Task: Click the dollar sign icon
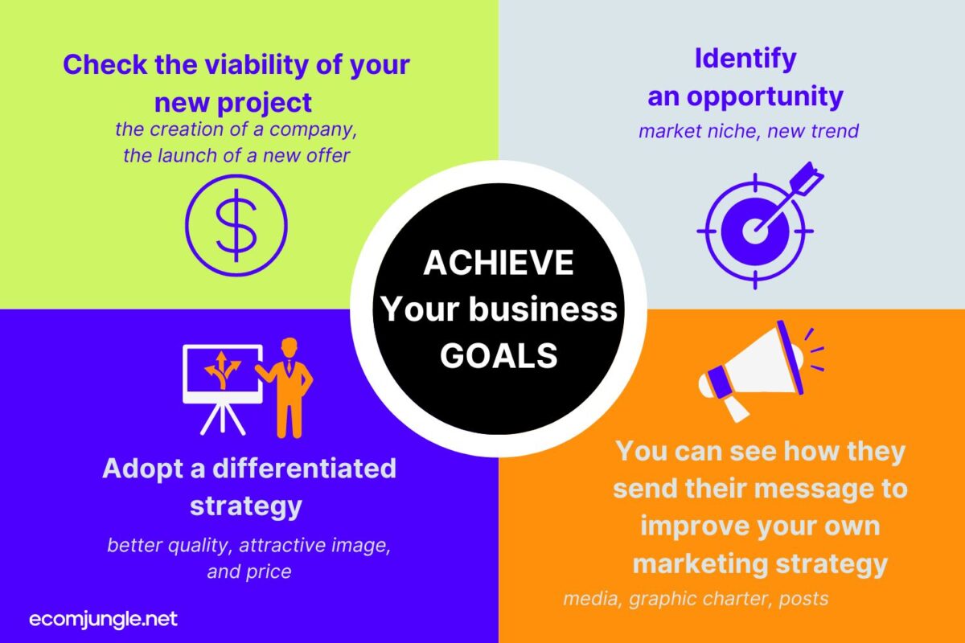coord(236,225)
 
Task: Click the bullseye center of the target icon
coord(755,231)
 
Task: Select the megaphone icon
coord(761,371)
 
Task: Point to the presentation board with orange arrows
coord(223,390)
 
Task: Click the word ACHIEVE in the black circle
coord(499,263)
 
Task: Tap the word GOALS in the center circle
coord(499,356)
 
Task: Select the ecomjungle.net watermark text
coord(103,620)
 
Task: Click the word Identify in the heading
coord(745,59)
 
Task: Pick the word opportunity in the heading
coord(765,97)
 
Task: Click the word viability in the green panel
coord(257,64)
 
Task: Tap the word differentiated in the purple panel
coord(304,468)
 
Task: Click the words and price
coord(249,572)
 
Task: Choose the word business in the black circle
coord(543,309)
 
